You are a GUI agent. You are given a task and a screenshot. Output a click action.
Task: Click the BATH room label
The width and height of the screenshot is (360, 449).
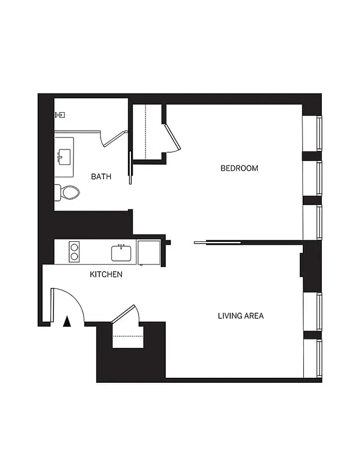click(101, 176)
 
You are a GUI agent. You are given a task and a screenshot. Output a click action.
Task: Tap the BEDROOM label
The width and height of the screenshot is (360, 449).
click(239, 168)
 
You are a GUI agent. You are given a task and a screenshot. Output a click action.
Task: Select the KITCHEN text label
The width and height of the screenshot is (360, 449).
click(106, 274)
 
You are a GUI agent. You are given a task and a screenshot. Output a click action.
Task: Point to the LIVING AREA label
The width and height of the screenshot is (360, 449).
click(240, 316)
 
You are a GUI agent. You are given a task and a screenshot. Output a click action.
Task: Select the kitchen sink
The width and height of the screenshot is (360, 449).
click(121, 253)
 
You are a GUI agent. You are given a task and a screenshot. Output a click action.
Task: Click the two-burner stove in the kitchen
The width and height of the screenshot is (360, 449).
click(74, 251)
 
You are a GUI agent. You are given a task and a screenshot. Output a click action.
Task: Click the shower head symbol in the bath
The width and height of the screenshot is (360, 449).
click(60, 114)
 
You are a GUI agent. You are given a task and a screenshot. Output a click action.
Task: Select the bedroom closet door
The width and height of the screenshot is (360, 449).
click(172, 137)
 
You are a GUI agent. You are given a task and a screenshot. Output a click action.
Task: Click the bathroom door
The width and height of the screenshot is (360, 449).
click(115, 136)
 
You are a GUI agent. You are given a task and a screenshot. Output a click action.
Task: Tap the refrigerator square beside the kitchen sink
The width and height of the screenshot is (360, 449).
click(149, 253)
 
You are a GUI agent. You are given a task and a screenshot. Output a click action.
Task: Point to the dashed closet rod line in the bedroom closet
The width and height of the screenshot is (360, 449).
click(146, 130)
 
